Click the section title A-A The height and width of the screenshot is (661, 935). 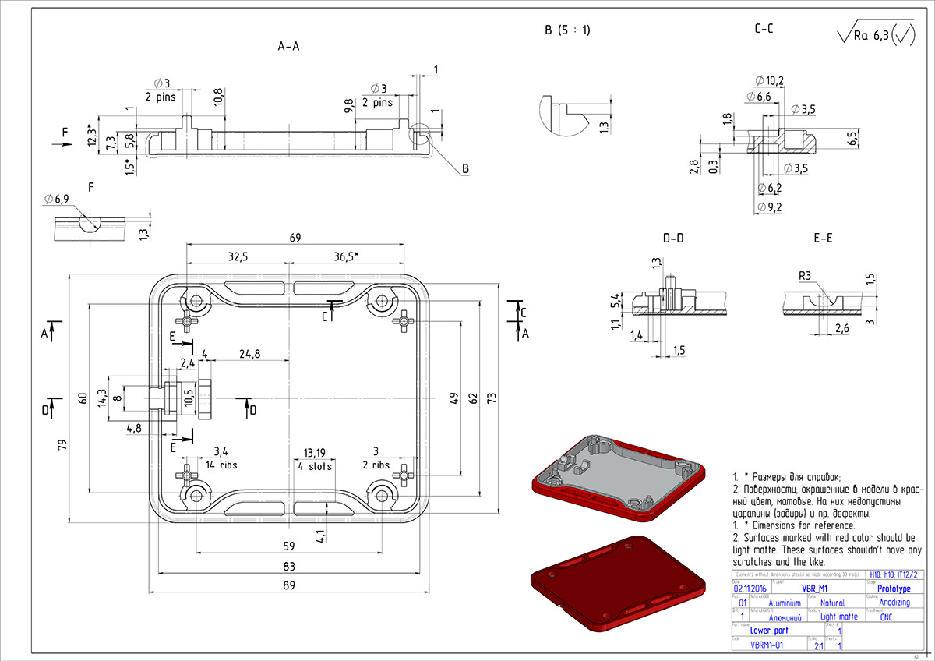pos(289,47)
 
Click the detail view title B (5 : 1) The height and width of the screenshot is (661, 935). pos(567,30)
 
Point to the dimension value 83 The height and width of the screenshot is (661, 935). pos(289,566)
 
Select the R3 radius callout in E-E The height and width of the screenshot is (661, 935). pos(805,275)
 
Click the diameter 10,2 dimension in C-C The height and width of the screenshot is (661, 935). pos(770,80)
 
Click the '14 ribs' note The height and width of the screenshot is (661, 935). pos(221,465)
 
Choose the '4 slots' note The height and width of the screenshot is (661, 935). pos(315,466)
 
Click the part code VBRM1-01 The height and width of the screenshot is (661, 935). pos(766,645)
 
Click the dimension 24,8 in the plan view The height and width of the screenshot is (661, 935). pos(250,354)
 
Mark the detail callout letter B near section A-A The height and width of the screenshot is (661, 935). pos(465,168)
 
